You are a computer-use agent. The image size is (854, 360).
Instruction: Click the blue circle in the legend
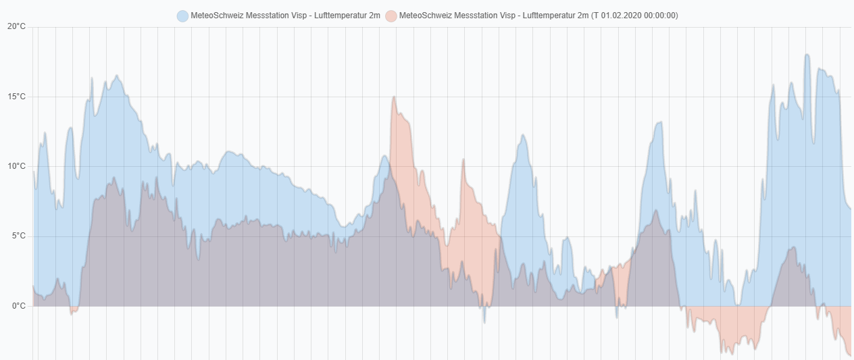(x=182, y=16)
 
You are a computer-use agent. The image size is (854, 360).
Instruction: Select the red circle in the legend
(x=391, y=16)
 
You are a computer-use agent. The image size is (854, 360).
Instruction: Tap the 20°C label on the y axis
(x=16, y=27)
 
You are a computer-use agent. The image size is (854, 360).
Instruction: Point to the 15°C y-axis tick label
(x=16, y=97)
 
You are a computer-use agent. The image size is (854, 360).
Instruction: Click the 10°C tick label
(x=16, y=166)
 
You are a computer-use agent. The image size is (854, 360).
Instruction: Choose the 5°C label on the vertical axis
(x=18, y=236)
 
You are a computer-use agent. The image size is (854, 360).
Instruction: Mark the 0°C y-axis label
(x=18, y=306)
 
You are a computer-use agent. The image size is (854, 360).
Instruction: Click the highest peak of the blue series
(x=807, y=55)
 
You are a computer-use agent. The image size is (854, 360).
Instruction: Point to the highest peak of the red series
(x=394, y=97)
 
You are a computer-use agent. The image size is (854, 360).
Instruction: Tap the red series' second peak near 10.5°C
(x=463, y=160)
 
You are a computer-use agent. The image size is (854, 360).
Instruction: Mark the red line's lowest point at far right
(x=850, y=355)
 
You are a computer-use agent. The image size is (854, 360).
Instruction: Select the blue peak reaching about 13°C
(x=659, y=123)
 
